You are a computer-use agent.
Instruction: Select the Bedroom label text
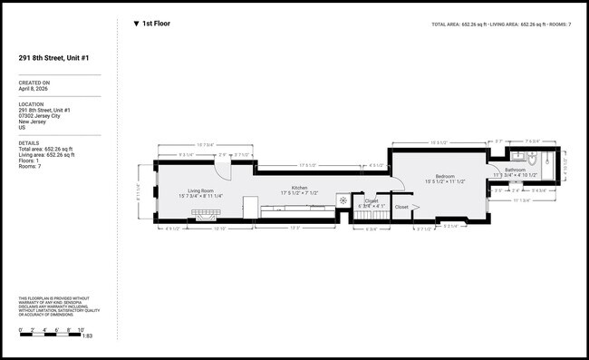(444, 176)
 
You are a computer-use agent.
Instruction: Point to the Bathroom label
(516, 170)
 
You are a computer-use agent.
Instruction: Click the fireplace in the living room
(206, 214)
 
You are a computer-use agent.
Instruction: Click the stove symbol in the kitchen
(341, 199)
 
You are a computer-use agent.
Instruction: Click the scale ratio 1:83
(88, 336)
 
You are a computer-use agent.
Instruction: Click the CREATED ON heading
(34, 83)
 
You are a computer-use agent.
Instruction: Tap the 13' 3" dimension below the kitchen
(295, 227)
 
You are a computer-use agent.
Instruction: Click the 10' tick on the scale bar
(81, 328)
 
